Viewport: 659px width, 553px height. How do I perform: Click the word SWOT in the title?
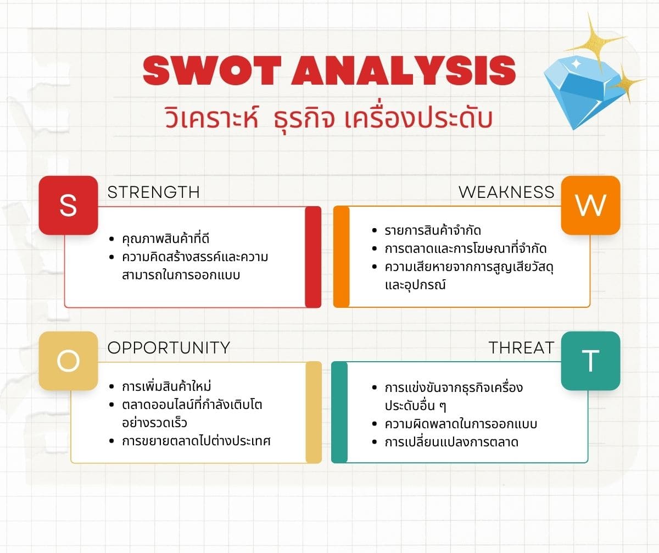pyautogui.click(x=212, y=70)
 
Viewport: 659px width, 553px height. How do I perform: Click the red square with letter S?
pyautogui.click(x=68, y=206)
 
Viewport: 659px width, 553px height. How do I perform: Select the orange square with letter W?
pyautogui.click(x=590, y=206)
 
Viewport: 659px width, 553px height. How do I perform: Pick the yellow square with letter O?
pyautogui.click(x=68, y=361)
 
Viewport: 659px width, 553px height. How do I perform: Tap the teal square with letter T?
pyautogui.click(x=590, y=361)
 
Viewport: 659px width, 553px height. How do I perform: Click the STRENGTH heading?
pyautogui.click(x=154, y=192)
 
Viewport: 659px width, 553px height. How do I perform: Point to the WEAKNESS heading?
pyautogui.click(x=506, y=192)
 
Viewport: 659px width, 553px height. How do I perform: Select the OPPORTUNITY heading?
pyautogui.click(x=169, y=347)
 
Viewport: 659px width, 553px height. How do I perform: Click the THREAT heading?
pyautogui.click(x=521, y=347)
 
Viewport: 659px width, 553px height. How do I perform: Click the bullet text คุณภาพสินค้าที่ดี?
pyautogui.click(x=166, y=239)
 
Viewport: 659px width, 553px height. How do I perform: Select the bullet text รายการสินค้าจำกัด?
pyautogui.click(x=433, y=230)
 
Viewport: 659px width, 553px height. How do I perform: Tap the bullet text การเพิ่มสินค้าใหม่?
pyautogui.click(x=166, y=386)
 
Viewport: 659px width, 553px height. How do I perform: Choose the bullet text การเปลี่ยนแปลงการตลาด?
pyautogui.click(x=451, y=442)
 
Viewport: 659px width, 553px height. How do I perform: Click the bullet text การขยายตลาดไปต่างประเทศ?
pyautogui.click(x=196, y=441)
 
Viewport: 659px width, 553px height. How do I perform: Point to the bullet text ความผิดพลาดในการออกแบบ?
pyautogui.click(x=461, y=423)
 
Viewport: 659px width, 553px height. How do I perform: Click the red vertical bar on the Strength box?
pyautogui.click(x=313, y=257)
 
